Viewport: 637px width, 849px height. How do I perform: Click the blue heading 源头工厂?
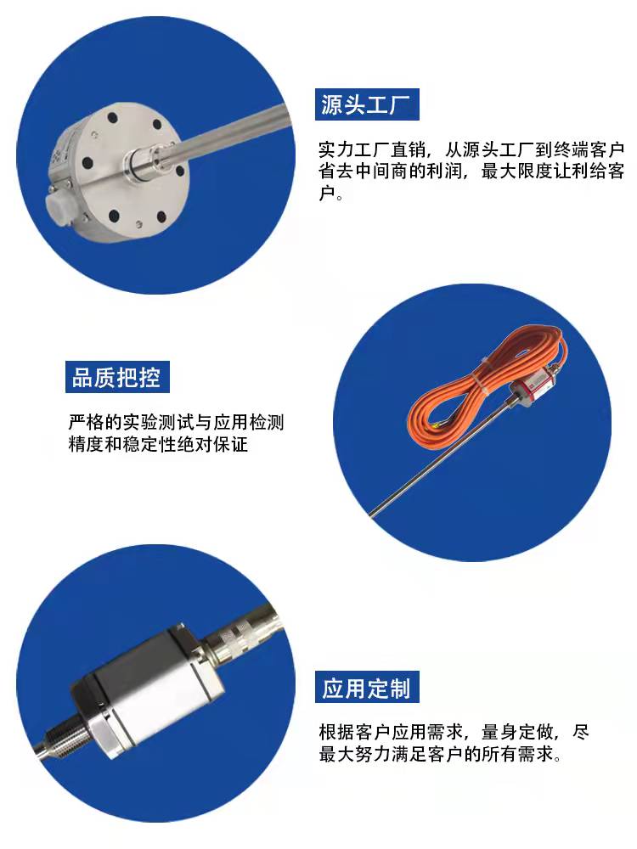(367, 105)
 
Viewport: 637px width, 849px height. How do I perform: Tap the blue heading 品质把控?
(116, 377)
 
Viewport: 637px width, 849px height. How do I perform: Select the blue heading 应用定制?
(366, 688)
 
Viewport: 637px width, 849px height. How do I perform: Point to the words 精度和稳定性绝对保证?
(158, 443)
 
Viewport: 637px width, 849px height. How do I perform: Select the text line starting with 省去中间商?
(471, 172)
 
